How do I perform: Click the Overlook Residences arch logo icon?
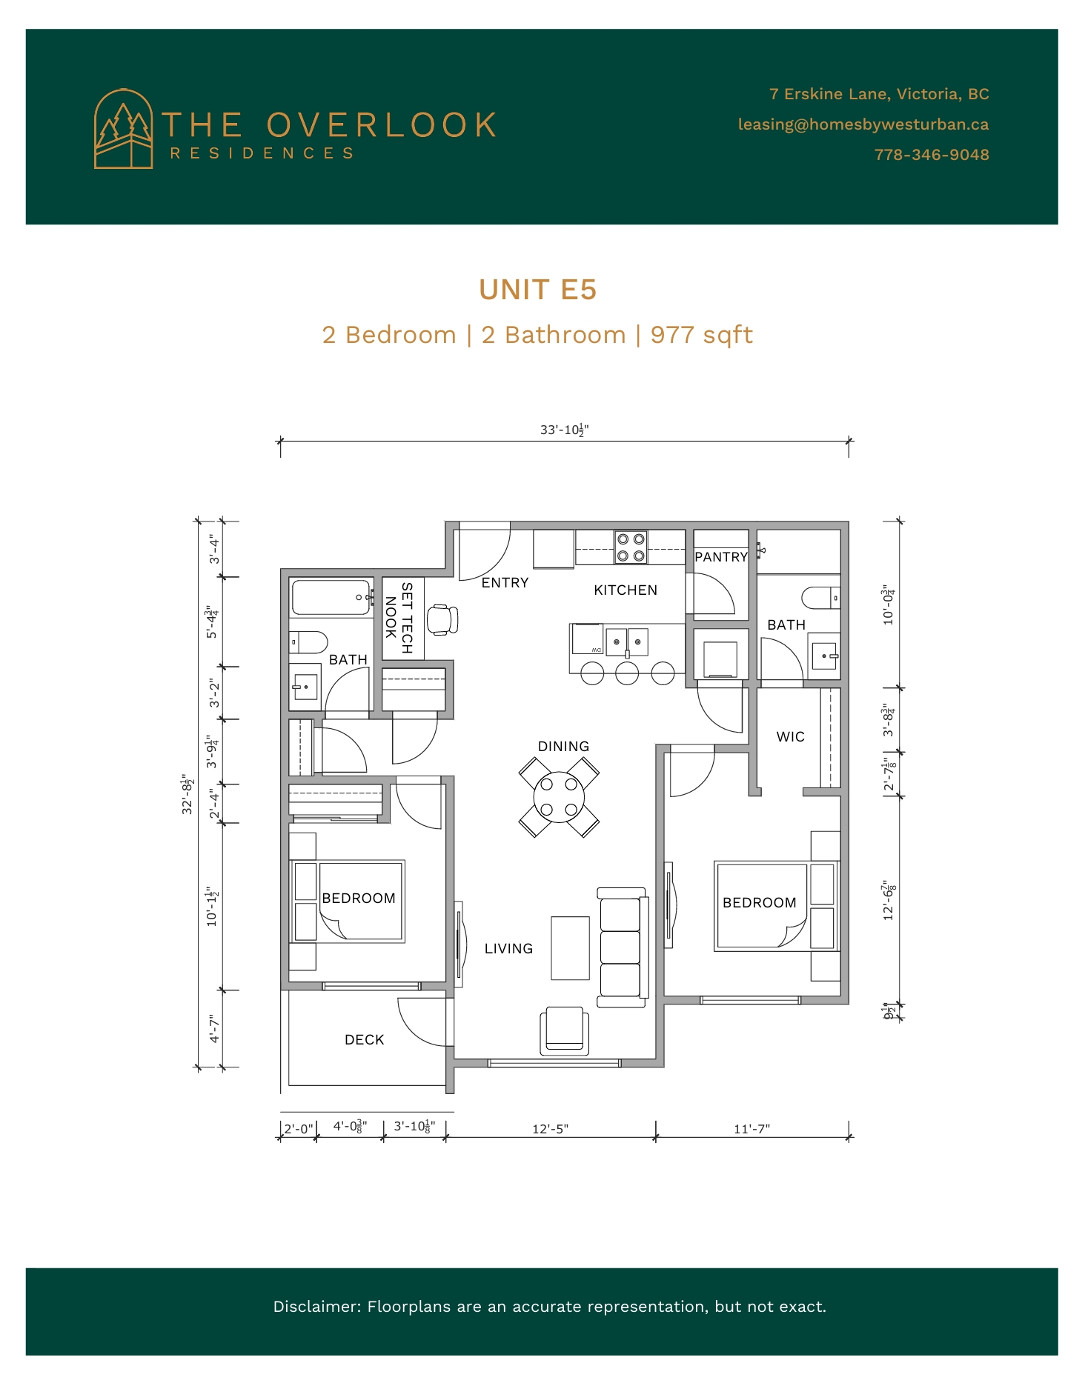coord(123,129)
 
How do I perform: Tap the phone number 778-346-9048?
coord(932,155)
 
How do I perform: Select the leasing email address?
coord(863,124)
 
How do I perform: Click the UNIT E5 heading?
coord(537,290)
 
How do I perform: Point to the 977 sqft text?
coord(701,335)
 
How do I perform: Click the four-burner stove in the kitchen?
coord(631,547)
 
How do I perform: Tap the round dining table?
coord(559,797)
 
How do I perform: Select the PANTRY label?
coord(721,557)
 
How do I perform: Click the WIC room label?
coord(790,737)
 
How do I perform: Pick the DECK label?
coord(365,1040)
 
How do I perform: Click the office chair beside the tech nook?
coord(443,620)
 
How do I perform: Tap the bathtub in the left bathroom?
coord(331,597)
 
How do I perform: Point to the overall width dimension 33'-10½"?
coord(565,430)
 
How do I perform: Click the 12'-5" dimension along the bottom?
coord(551,1129)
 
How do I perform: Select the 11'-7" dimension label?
coord(752,1129)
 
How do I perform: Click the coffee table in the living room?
coord(570,948)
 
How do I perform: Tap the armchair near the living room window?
coord(565,1030)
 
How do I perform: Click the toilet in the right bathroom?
coord(821,598)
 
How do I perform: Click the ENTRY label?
coord(505,583)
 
